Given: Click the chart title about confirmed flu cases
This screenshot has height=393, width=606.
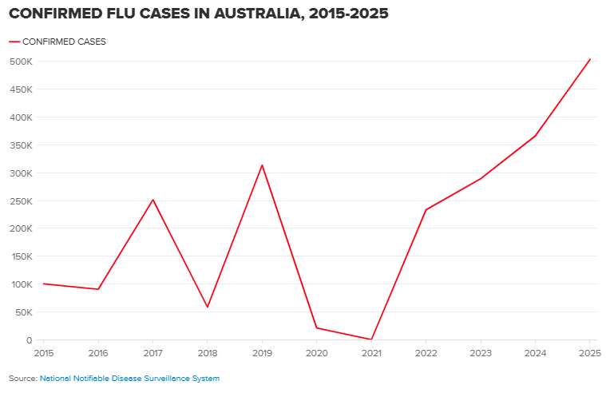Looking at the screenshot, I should (199, 14).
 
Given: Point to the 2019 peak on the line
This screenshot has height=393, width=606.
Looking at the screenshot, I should (262, 165).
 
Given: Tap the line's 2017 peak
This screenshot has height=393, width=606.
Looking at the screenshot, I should (152, 200).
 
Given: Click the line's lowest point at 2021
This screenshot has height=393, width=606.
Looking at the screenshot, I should (371, 339).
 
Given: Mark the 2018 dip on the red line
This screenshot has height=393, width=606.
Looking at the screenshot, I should (208, 308).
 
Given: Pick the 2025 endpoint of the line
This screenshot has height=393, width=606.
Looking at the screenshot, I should (590, 59).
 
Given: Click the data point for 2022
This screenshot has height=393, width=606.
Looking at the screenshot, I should (426, 210).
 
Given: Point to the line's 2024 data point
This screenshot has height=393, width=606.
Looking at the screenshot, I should (535, 136).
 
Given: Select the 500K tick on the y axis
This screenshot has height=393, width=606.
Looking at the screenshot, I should (21, 62).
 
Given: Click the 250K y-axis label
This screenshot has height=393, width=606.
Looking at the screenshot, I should (21, 200).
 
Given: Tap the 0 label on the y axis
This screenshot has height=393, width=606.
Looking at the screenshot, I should (28, 340).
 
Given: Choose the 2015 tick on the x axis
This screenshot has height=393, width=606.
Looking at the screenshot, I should (43, 352).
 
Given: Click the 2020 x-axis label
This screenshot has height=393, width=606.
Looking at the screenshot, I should (316, 352).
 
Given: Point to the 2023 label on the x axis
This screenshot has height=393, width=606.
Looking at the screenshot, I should (481, 352).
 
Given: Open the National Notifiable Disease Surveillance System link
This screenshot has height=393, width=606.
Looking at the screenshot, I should (129, 378).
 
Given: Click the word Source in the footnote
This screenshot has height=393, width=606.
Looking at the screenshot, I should (22, 378).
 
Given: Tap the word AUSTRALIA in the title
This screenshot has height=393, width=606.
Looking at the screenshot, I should (248, 14).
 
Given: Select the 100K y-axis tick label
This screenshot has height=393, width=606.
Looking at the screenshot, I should (21, 284).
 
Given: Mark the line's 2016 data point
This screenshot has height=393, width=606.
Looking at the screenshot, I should (98, 289).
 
